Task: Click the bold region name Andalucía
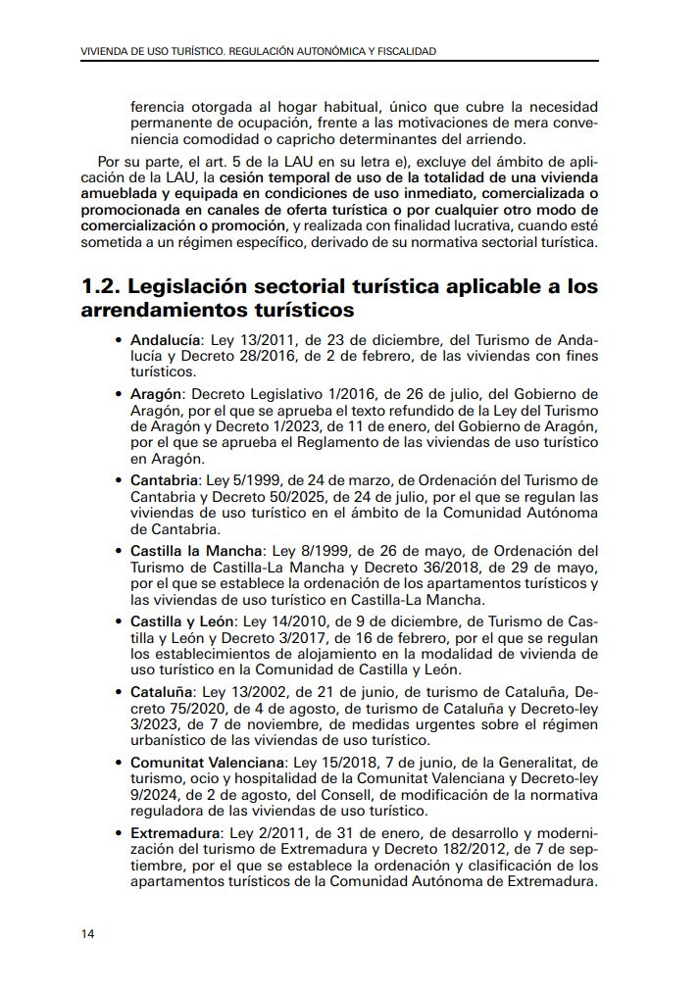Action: [x=163, y=340]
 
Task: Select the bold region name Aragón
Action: [x=155, y=393]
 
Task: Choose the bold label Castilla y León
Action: [x=182, y=621]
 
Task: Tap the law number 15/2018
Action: [x=325, y=762]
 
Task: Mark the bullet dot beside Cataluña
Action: [x=119, y=693]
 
